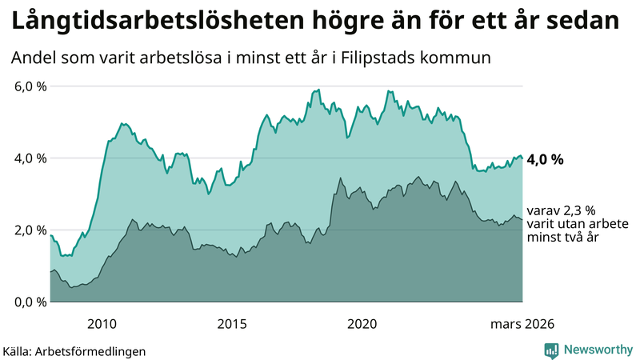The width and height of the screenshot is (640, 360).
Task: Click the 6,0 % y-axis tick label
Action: pos(31,86)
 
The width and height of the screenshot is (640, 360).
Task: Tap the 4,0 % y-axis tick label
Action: pos(31,158)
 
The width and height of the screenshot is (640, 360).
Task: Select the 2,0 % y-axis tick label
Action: pos(31,230)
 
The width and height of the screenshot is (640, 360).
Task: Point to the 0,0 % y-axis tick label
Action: pos(31,302)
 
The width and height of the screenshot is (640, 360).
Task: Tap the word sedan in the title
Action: pos(582,22)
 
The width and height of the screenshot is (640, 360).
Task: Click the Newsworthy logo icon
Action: pos(552,350)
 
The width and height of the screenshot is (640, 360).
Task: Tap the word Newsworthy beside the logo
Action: pos(598,350)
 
